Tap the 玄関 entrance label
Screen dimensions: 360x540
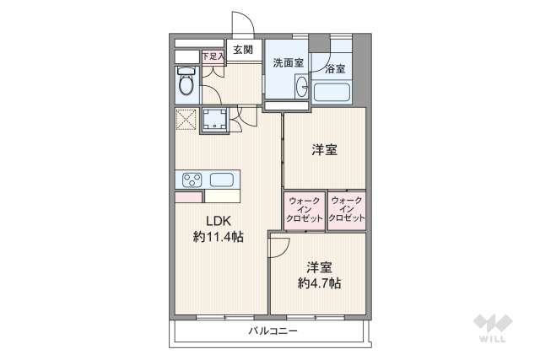(243, 50)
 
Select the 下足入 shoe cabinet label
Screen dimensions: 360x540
(212, 56)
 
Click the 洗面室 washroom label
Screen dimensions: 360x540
(288, 63)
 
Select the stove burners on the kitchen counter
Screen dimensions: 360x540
(192, 179)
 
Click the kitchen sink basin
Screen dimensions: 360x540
(222, 179)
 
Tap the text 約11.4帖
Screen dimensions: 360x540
(218, 238)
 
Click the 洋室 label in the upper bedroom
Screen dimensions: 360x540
(324, 150)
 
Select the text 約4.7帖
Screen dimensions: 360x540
(318, 282)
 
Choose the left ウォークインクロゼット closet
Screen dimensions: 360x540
(305, 209)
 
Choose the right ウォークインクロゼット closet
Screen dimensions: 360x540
(347, 209)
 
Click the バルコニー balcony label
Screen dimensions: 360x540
(273, 331)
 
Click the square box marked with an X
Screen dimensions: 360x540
(186, 118)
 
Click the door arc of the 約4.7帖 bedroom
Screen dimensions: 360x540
(279, 246)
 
